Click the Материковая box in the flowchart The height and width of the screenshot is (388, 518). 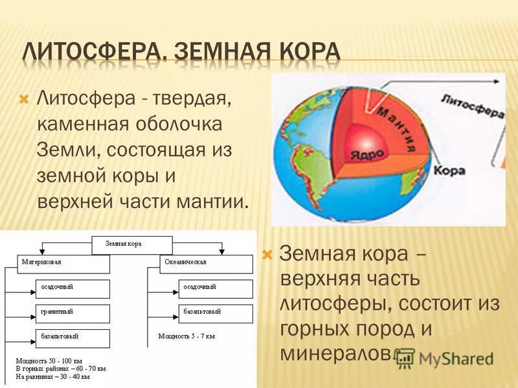coord(63,264)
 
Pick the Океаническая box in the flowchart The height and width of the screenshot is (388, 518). coord(206,264)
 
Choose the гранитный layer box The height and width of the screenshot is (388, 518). coord(73,312)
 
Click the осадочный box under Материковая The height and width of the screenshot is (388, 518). coord(73,288)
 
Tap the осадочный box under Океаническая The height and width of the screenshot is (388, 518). coord(216,288)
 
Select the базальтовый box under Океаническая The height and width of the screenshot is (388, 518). coord(216,312)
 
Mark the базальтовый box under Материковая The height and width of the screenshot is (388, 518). coord(73,338)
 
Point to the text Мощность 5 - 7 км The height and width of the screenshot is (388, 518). coord(186,337)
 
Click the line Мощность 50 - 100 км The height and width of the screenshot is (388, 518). coord(49,359)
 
